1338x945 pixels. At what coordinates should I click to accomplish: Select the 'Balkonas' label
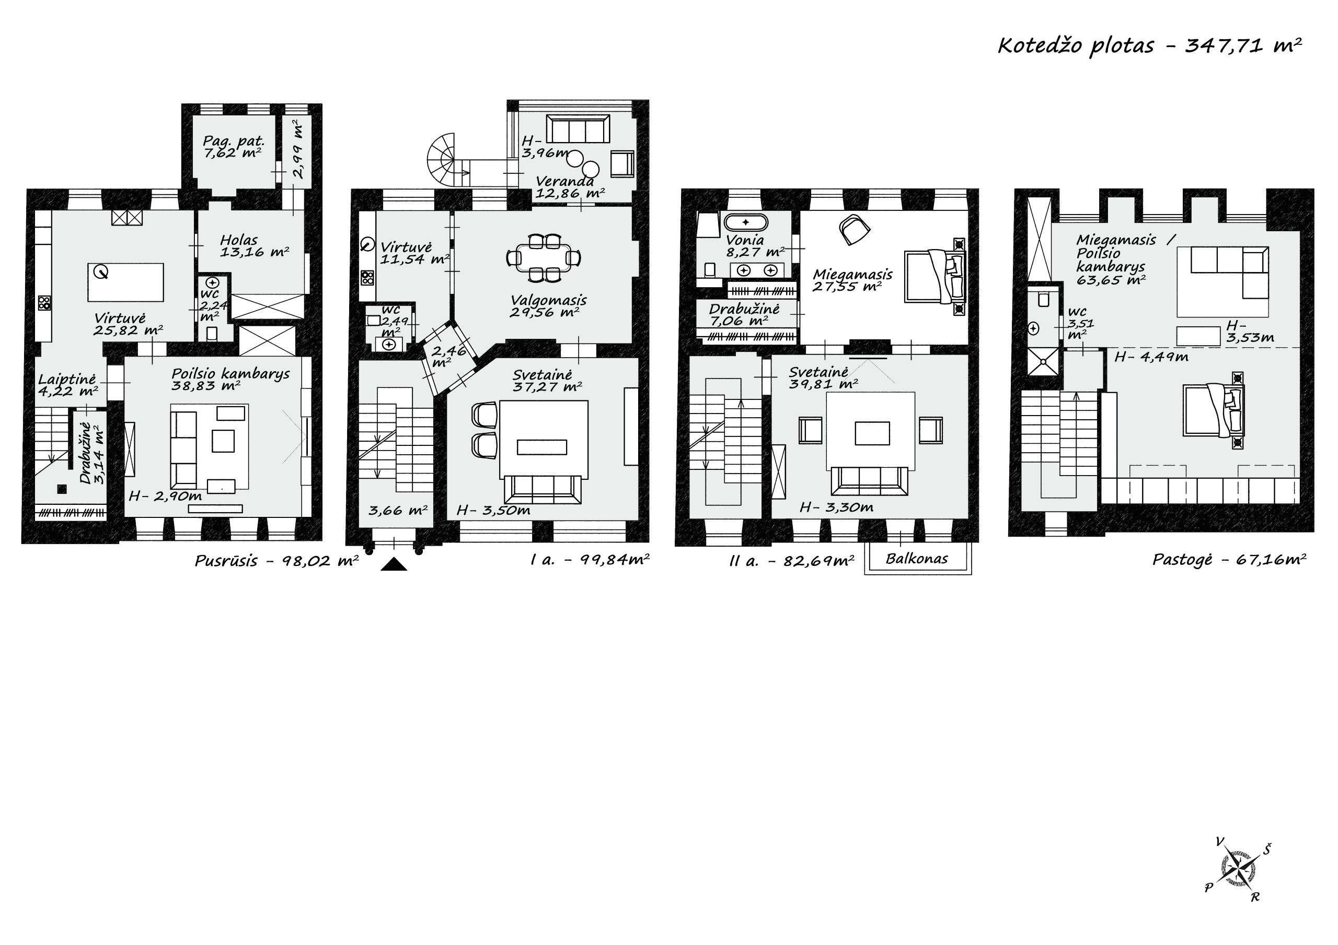917,559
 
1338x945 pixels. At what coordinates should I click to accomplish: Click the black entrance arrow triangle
394,564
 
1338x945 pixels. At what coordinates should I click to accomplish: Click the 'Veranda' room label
564,181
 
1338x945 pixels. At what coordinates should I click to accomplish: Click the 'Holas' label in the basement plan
239,240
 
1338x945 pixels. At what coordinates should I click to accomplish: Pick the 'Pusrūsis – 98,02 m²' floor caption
276,561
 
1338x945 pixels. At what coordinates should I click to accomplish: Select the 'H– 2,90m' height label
166,496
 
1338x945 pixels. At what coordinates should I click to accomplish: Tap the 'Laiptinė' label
67,380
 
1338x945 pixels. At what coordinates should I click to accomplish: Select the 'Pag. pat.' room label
234,141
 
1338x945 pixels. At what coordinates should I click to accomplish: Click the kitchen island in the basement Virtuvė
126,282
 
